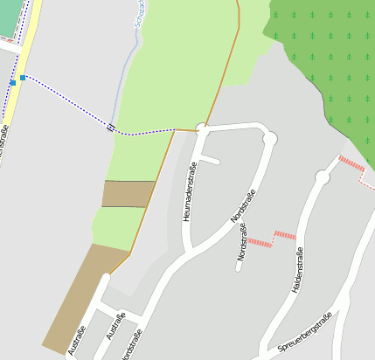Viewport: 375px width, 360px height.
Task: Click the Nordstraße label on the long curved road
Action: (242, 206)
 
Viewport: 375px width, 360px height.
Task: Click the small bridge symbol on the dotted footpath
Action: (110, 128)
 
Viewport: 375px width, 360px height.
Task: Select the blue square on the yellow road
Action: (23, 78)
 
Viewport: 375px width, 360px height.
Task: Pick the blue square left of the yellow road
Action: (12, 82)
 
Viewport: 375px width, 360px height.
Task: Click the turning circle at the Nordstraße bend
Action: (269, 137)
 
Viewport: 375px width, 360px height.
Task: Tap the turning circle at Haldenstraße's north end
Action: (322, 177)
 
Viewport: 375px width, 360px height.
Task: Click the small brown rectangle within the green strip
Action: (128, 194)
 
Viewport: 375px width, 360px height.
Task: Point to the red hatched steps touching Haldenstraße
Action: (285, 234)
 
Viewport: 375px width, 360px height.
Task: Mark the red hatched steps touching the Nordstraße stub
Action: (259, 240)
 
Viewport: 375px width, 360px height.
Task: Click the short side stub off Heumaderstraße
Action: (209, 160)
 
